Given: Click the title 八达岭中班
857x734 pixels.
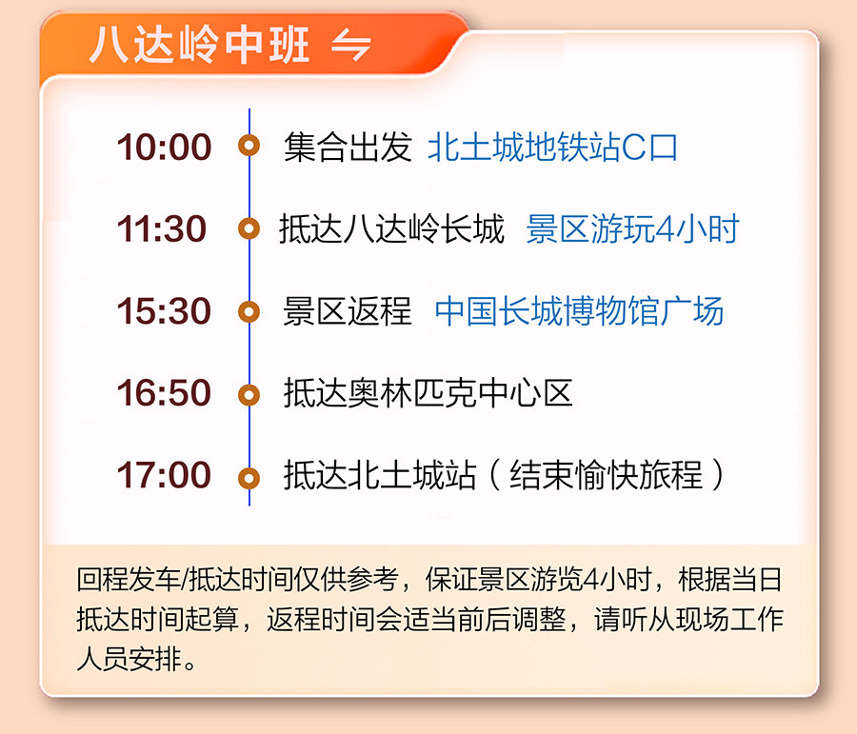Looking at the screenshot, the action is (x=200, y=45).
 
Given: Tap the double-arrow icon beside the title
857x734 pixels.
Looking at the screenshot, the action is (x=351, y=45).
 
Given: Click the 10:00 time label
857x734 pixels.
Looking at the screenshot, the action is (x=164, y=147).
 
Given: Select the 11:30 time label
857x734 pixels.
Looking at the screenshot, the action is (x=162, y=228).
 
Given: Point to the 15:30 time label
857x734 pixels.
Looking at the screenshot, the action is (x=164, y=311).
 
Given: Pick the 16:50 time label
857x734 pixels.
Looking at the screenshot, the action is (x=164, y=392).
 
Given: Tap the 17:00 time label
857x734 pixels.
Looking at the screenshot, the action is (x=164, y=474).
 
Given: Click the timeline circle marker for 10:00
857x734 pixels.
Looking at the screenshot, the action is (x=249, y=146).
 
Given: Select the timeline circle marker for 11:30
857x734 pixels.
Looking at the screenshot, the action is (x=249, y=228).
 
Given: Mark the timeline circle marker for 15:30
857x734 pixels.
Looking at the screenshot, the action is (x=249, y=311).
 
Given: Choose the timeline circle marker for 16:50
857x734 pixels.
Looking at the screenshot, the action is (x=249, y=394).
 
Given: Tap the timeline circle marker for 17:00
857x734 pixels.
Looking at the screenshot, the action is (x=249, y=478).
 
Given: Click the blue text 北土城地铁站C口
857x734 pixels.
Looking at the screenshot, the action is (x=552, y=148).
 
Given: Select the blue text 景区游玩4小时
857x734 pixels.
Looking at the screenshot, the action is (x=633, y=228).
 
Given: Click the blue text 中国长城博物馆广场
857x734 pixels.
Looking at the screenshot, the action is (x=579, y=311).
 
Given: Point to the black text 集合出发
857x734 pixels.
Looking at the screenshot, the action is (x=348, y=148).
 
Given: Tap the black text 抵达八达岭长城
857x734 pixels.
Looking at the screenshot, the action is (x=391, y=228).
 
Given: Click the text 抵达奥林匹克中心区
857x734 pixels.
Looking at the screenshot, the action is (x=428, y=393).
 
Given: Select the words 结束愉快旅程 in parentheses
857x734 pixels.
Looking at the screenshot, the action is (x=607, y=474).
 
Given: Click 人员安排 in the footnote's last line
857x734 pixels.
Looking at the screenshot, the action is (x=129, y=659).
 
